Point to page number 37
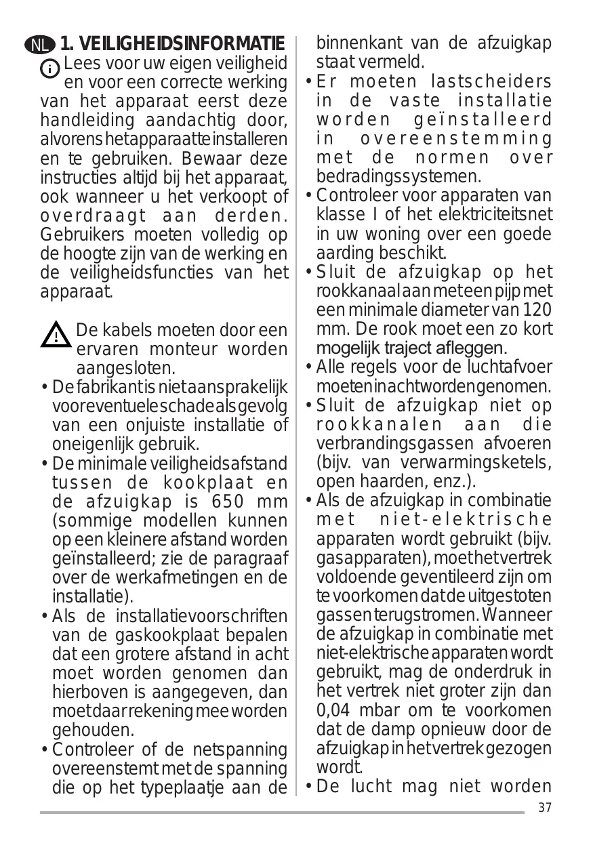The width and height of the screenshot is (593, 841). coord(543,807)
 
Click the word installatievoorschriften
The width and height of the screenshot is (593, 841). coord(201,617)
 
